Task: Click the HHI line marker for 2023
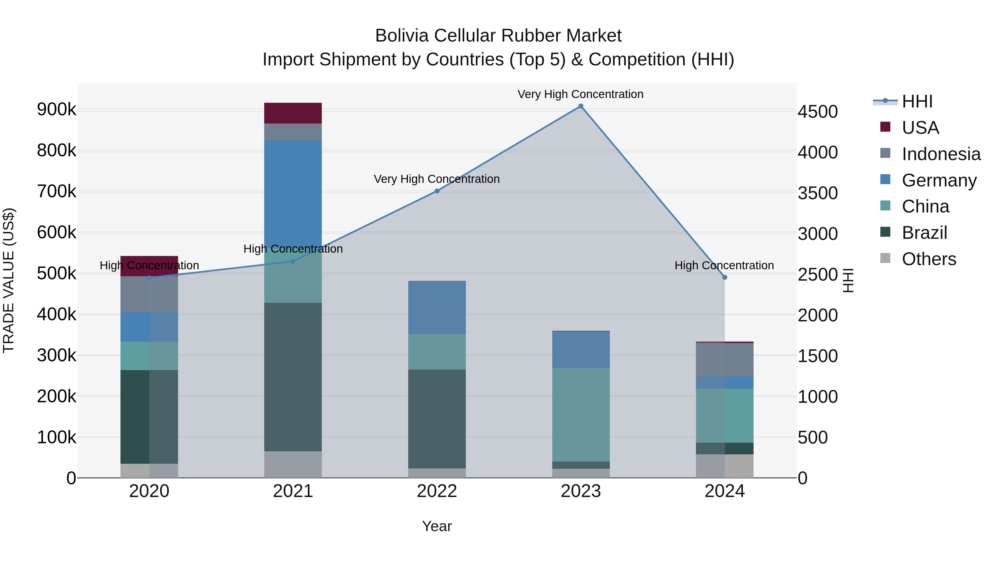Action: point(580,106)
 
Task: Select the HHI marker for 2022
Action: point(437,191)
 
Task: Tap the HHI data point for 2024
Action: point(724,277)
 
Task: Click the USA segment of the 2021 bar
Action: point(293,113)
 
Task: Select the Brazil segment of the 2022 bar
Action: point(437,419)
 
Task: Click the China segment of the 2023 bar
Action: point(580,414)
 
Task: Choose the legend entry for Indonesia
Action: point(941,154)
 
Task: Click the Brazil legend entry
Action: point(924,233)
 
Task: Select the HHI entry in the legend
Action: point(916,101)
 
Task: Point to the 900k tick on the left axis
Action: point(56,109)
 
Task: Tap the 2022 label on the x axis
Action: point(437,491)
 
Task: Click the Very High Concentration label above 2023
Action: point(580,94)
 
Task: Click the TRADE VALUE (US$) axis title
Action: point(9,280)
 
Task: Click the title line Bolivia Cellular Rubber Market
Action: point(498,36)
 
